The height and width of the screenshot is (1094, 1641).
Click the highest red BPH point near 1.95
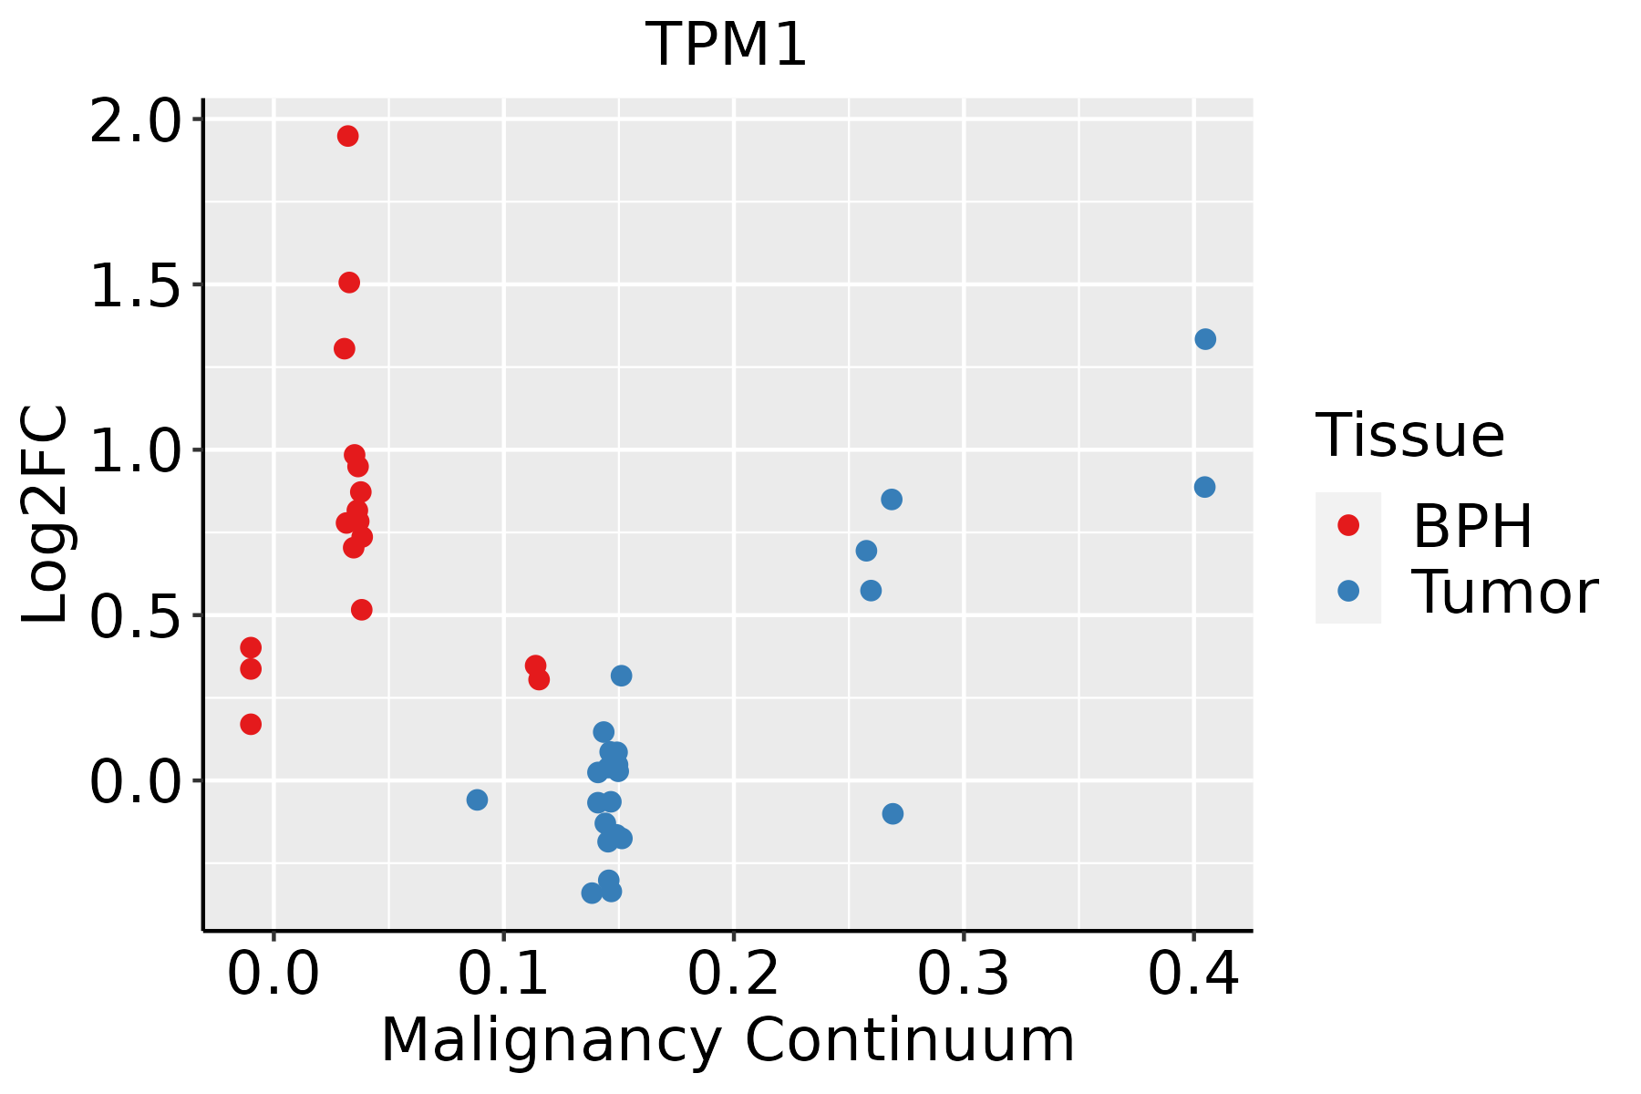point(347,136)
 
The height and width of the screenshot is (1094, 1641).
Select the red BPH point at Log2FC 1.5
point(349,283)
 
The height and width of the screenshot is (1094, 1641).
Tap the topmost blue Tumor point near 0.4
point(1205,339)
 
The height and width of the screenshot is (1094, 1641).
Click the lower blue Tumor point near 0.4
point(1204,487)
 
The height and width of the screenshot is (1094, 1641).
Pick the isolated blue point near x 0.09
point(477,800)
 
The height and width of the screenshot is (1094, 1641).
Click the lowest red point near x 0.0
point(251,724)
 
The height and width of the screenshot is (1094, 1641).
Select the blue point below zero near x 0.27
point(893,813)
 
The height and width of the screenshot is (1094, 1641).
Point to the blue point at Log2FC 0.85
point(892,500)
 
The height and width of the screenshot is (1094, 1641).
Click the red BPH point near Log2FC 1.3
point(345,348)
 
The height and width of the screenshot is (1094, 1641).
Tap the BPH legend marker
point(1347,525)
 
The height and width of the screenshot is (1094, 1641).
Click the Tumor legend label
point(1504,593)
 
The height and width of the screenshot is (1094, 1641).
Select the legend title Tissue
point(1410,436)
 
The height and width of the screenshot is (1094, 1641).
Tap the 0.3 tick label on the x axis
point(963,974)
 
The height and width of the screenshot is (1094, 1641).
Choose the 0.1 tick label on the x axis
point(503,974)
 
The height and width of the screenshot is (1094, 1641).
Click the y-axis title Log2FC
point(46,514)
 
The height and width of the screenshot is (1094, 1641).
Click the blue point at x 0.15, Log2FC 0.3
point(621,676)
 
